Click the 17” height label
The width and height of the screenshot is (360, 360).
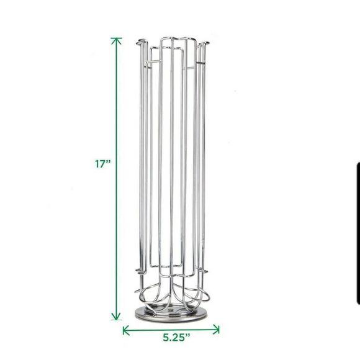point(103,164)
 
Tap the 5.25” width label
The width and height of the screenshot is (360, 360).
point(176,337)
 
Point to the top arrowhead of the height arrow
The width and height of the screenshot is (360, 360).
point(117,40)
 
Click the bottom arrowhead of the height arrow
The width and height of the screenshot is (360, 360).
point(117,316)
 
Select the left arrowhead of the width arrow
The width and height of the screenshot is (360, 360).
point(126,330)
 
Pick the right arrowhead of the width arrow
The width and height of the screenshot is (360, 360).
point(216,330)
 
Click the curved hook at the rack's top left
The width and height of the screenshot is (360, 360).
point(141,42)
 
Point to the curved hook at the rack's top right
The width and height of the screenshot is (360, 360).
point(204,43)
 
